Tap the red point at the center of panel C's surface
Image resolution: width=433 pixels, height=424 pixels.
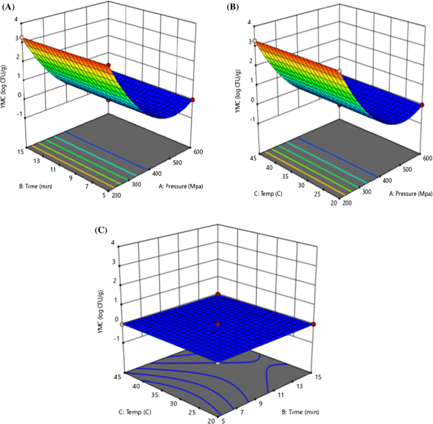point(218,324)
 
